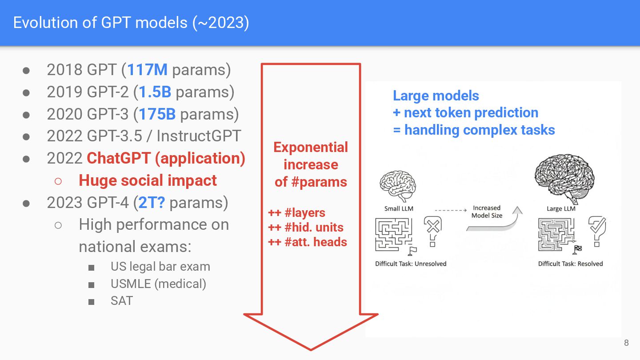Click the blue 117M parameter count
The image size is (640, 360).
[148, 70]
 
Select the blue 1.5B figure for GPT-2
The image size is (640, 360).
[155, 92]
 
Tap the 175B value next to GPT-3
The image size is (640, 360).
[157, 114]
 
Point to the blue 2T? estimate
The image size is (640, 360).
[152, 203]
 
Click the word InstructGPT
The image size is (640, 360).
[199, 136]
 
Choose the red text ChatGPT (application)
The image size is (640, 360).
[166, 158]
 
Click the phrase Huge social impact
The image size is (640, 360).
[148, 180]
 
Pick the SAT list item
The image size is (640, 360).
[121, 301]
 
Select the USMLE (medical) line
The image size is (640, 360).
[158, 284]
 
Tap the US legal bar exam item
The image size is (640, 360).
[160, 267]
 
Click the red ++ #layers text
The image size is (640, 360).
[296, 213]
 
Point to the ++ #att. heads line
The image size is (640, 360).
[308, 242]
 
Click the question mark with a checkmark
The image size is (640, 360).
[596, 230]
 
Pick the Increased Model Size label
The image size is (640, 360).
[487, 212]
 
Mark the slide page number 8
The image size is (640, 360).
[626, 343]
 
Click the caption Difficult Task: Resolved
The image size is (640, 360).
[570, 264]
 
